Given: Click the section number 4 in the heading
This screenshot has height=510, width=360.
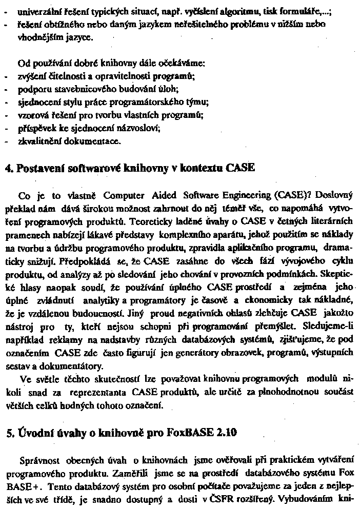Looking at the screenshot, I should (x=7, y=169).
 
